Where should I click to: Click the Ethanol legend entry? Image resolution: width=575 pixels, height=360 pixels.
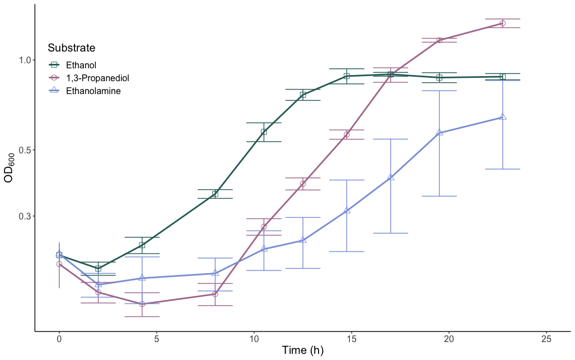(81, 66)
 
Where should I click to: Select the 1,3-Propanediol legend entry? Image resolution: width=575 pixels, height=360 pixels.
(97, 78)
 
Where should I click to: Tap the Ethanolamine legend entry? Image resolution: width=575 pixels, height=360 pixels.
(92, 91)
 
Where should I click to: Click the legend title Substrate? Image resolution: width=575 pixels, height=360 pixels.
(71, 48)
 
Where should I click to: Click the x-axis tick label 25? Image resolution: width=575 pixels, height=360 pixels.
(546, 339)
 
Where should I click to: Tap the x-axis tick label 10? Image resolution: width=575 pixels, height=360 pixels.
(254, 339)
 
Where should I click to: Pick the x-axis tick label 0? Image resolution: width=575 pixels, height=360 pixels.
(59, 339)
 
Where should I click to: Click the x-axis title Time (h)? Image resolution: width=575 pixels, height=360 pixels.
(302, 351)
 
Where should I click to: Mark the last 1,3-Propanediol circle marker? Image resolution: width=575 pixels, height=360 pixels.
(502, 24)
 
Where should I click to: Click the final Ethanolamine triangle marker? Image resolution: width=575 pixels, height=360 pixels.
(503, 117)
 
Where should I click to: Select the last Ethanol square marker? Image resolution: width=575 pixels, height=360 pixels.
(502, 77)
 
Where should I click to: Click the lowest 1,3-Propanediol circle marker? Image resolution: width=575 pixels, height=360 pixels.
(142, 304)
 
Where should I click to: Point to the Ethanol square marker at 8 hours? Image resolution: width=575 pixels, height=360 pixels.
(215, 194)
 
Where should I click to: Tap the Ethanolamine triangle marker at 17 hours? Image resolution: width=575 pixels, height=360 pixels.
(391, 177)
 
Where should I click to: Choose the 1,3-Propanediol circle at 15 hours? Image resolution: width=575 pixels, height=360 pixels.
(347, 134)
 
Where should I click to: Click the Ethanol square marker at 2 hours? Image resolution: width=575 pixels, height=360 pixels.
(99, 269)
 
